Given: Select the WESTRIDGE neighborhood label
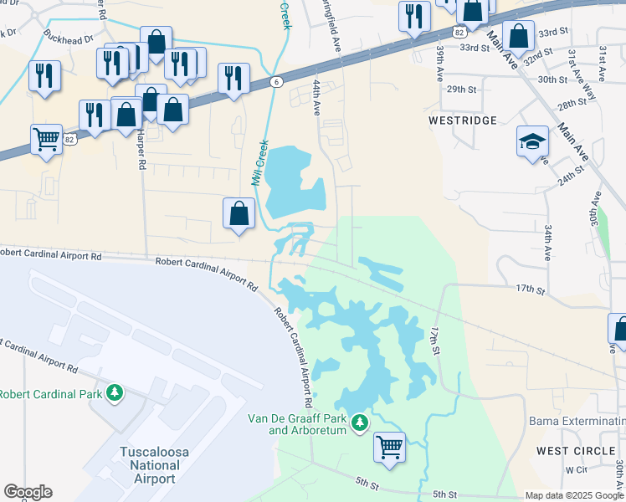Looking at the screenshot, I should [x=463, y=120].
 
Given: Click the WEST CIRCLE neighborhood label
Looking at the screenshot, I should [x=576, y=451].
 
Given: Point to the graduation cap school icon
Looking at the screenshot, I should [x=531, y=141].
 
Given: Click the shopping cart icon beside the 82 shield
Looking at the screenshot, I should [x=46, y=138].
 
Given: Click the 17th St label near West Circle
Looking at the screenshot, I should [x=531, y=289].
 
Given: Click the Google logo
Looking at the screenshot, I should [x=28, y=492].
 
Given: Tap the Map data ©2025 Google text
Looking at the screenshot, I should [x=573, y=495].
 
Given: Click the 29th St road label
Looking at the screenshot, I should [x=461, y=90].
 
